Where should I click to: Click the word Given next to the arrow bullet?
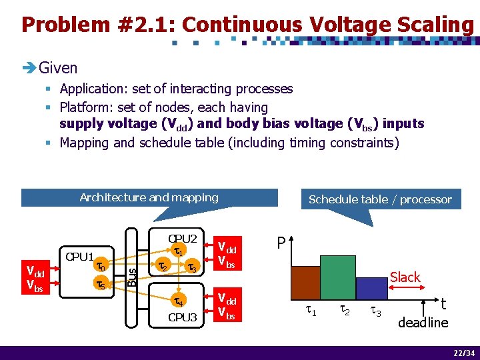click(58, 67)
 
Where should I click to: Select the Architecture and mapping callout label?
click(149, 197)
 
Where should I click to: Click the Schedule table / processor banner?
click(380, 199)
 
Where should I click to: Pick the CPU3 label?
click(182, 317)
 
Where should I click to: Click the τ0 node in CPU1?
click(100, 266)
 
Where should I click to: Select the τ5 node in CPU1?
click(100, 285)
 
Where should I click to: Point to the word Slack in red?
click(405, 277)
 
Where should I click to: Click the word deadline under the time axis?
click(423, 323)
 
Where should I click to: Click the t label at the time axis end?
click(443, 304)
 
